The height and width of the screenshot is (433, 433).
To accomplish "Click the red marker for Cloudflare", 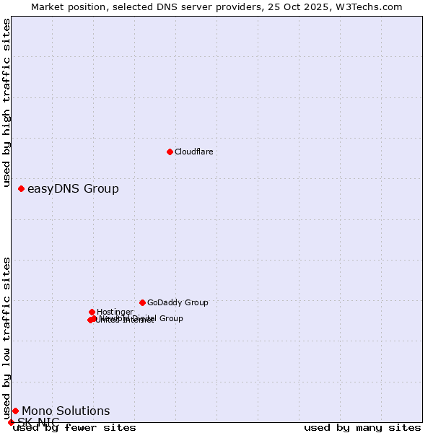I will [x=170, y=152].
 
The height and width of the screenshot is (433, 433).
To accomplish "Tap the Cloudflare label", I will [x=193, y=152].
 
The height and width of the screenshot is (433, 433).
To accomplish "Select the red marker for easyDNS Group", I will [x=21, y=188].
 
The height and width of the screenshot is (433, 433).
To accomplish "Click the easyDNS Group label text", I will [x=73, y=189].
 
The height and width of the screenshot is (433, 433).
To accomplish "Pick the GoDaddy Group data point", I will [x=142, y=302].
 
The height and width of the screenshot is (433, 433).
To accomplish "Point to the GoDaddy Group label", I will [x=178, y=302].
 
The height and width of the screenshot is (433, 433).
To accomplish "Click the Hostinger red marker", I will [x=92, y=312].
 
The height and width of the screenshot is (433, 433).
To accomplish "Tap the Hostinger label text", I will [x=115, y=312].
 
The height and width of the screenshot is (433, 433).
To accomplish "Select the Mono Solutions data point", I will [x=15, y=411].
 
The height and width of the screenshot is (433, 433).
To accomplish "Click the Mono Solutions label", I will [x=66, y=411].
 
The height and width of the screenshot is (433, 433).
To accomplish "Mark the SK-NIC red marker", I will [x=11, y=422].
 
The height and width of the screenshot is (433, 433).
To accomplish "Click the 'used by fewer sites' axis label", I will [x=74, y=428].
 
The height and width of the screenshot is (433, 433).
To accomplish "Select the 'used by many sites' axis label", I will [x=362, y=428].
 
